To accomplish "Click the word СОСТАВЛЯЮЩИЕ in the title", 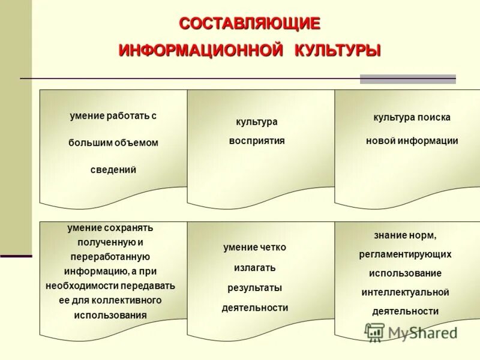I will click(x=250, y=24).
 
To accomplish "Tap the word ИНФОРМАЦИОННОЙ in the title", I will click(x=200, y=50).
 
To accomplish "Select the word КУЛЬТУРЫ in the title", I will click(x=337, y=50).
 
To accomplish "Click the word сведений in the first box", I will click(x=113, y=170).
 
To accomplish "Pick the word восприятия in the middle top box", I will click(x=257, y=141).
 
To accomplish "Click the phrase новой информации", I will click(x=412, y=141).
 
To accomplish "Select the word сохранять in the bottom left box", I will click(x=128, y=228).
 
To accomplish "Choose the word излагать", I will click(x=255, y=268).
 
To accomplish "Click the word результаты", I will click(x=254, y=288).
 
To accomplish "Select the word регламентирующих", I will click(x=406, y=254).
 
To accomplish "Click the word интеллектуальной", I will click(x=405, y=292).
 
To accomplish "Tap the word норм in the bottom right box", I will click(x=425, y=235).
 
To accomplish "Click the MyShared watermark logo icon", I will click(x=375, y=332).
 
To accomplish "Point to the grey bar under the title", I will click(x=407, y=79).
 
